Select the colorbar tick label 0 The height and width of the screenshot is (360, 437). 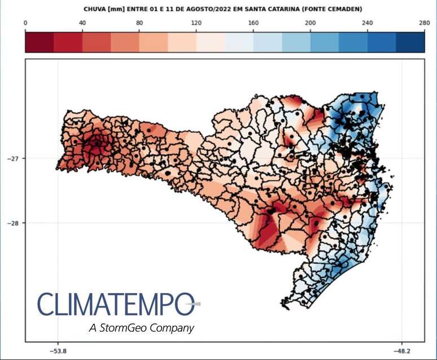[x=26, y=23]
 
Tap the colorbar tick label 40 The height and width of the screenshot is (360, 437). [x=82, y=23]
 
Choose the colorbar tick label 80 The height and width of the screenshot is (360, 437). [x=139, y=23]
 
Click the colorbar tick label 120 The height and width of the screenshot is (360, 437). [x=196, y=23]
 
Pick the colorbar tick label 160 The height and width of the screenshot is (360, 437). [x=254, y=23]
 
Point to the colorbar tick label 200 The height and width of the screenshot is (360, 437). [x=311, y=23]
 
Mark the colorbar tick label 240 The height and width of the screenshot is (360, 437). [x=368, y=23]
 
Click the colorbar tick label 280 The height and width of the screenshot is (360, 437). [x=424, y=23]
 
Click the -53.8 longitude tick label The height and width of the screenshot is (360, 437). [x=58, y=350]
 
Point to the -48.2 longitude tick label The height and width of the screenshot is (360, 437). [x=402, y=350]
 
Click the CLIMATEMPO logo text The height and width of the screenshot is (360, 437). [x=116, y=305]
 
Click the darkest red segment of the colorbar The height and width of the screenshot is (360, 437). [x=40, y=41]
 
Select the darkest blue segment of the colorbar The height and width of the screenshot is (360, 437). [x=410, y=41]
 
